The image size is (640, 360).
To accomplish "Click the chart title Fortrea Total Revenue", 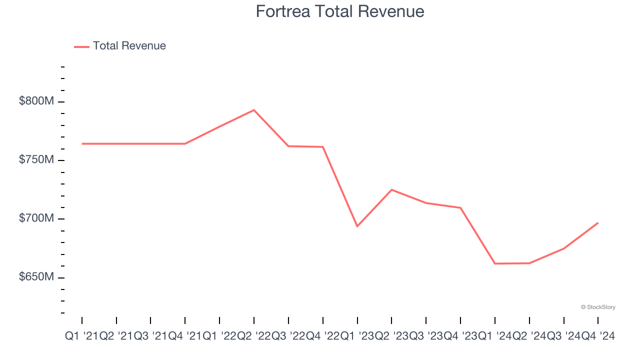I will coord(340,11).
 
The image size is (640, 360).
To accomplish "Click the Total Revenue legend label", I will coord(129,46).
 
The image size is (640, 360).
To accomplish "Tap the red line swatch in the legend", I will coord(81,46).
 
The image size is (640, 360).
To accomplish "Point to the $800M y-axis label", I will coord(36,101).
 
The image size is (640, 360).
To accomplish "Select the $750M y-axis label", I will coord(36,159).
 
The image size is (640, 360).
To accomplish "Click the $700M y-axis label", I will coord(36,218).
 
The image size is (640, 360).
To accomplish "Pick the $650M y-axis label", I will coord(36,277).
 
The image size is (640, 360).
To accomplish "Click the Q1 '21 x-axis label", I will coord(82,336).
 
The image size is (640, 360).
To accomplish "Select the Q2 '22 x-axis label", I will coord(254,336).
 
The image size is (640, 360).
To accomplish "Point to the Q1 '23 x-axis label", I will coord(357,336).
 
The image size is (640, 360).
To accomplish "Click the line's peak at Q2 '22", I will coord(254,110).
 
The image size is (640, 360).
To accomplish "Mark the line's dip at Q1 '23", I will coord(357,226).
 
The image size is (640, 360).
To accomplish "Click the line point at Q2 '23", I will coord(391,189).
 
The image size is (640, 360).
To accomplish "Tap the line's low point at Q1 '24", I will coord(495,263).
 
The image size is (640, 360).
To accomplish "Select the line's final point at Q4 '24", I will coord(598,222).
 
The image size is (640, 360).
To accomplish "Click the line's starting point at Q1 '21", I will coord(82,143).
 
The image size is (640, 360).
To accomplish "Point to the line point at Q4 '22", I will coord(323,146).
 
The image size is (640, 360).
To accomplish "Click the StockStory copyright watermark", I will coord(598,307).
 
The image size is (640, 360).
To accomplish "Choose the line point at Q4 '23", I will coord(460,207).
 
